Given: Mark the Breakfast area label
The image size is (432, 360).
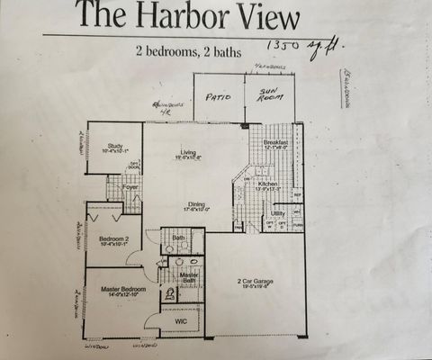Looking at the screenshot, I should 275,144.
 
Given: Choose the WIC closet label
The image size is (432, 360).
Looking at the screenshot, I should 181,319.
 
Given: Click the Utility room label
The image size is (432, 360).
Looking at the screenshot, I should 278,214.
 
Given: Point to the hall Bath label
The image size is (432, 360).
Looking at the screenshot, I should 178,238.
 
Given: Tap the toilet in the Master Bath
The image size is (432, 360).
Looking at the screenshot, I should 168,293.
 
